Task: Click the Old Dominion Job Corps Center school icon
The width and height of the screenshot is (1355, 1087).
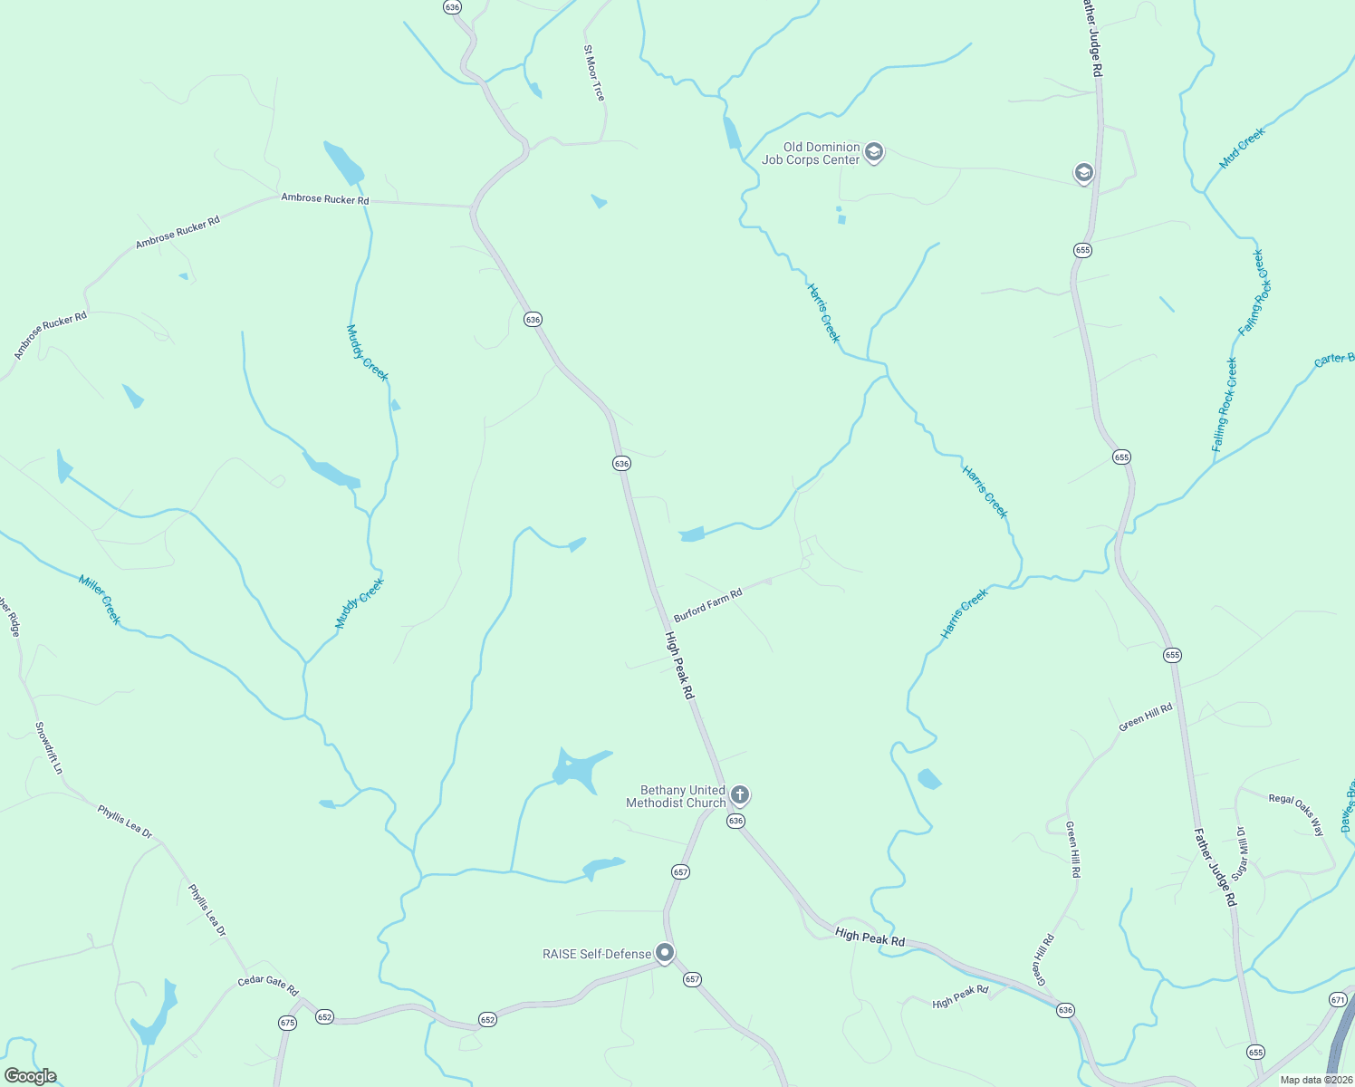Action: [874, 152]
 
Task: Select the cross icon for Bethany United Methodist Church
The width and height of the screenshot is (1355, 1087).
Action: [740, 796]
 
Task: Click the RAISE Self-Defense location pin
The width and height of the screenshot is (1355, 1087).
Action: [665, 953]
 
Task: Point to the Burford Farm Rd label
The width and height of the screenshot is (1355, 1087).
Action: [707, 604]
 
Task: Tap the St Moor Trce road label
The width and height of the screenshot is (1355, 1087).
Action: [594, 72]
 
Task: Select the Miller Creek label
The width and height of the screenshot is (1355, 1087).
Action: [100, 599]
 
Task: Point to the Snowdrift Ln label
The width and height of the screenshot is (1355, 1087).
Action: [49, 747]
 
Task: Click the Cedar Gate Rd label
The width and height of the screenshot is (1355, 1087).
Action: [268, 986]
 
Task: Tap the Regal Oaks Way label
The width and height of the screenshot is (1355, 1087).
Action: [1296, 813]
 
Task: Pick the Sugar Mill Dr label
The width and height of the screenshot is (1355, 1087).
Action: [1239, 851]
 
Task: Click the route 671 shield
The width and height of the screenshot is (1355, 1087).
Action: [1339, 999]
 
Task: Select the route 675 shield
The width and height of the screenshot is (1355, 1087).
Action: [287, 1023]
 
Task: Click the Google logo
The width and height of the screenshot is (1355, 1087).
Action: [31, 1076]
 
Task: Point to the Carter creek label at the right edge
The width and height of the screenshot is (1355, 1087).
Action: [1334, 360]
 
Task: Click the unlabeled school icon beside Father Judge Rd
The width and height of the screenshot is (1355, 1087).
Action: [1083, 173]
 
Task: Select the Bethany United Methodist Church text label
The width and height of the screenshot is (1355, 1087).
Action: [677, 796]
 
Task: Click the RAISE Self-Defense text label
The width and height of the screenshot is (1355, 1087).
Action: [597, 954]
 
